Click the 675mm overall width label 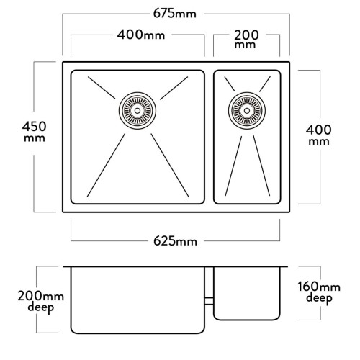coord(175,14)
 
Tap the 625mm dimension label coord(175,241)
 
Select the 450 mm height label coord(35,132)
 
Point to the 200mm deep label coord(40,302)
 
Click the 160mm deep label coord(319,292)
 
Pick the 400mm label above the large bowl coord(141,35)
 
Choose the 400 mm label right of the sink coord(319,135)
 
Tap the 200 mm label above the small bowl coord(246,39)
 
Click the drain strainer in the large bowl coord(138,111)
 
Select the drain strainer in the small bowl coord(247,111)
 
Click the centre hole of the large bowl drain coord(138,111)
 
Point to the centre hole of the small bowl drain coord(247,111)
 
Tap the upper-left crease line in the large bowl coord(102,88)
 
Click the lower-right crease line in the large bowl coord(170,166)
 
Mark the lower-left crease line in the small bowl coord(233,166)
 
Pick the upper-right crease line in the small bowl coord(265,84)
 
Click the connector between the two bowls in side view coord(209,301)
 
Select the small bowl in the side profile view coord(247,294)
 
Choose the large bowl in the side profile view coord(138,300)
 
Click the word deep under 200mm coord(40,307)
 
